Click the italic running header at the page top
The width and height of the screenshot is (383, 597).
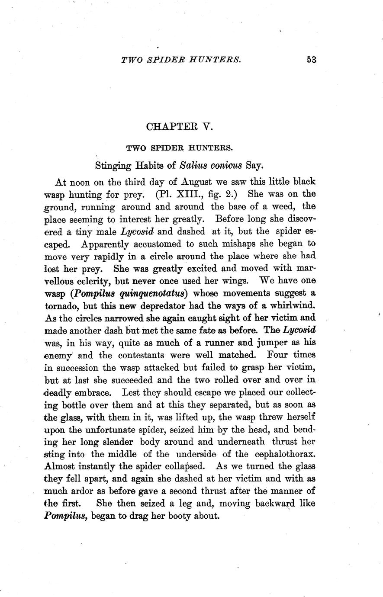[181, 60]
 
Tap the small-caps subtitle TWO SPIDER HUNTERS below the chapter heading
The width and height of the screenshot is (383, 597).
[180, 148]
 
